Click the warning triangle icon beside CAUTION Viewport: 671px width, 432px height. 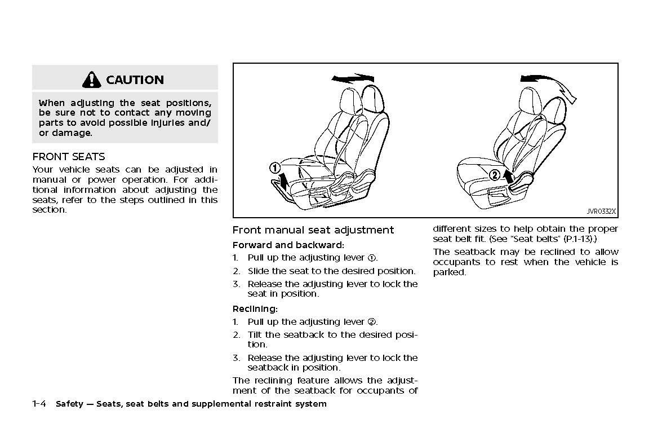point(91,80)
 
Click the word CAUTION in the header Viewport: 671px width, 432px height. point(135,80)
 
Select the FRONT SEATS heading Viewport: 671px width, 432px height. point(69,156)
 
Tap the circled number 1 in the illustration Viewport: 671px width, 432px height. point(274,167)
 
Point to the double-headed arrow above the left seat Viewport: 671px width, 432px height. point(353,77)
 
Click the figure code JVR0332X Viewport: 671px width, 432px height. point(601,211)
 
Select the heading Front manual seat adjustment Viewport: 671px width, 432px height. point(313,230)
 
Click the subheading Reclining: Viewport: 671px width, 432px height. point(255,308)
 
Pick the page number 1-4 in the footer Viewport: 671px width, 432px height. point(41,404)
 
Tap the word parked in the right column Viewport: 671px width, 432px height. point(450,272)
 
